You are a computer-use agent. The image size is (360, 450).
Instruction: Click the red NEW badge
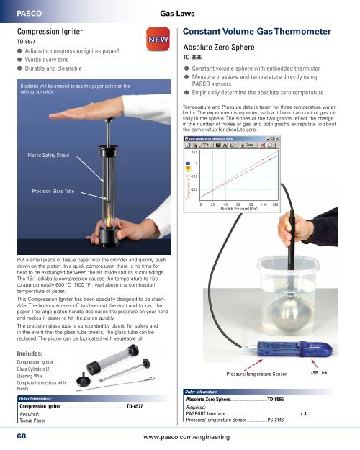coord(158,40)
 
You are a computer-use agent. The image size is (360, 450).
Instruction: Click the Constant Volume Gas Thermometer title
coord(264,32)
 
